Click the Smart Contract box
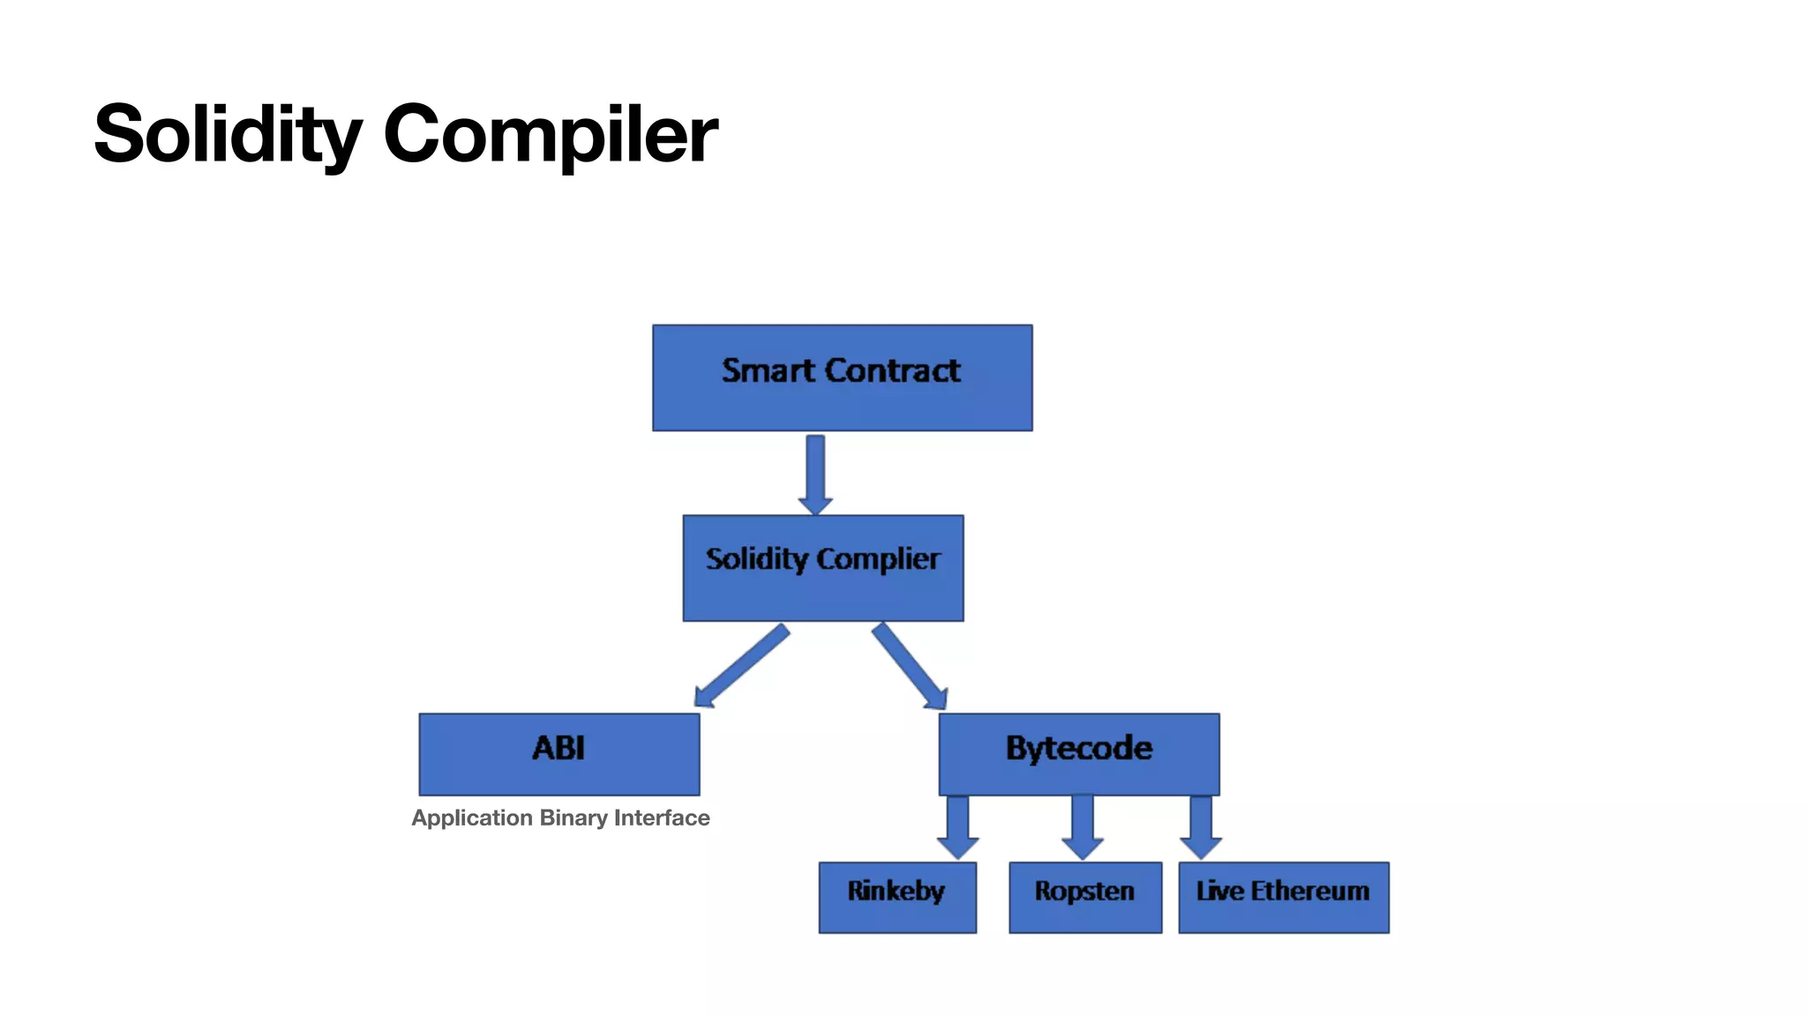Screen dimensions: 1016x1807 click(842, 377)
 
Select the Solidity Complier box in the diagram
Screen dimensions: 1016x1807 click(822, 568)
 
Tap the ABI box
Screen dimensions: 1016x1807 click(559, 754)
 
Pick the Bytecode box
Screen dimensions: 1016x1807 click(1078, 754)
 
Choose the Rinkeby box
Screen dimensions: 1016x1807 click(897, 897)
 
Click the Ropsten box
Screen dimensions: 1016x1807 click(1084, 897)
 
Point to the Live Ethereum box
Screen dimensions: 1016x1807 click(1283, 897)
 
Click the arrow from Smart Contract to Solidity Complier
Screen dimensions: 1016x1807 click(815, 474)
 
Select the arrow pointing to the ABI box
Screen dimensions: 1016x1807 click(740, 667)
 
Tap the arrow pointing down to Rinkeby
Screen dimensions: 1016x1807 click(957, 825)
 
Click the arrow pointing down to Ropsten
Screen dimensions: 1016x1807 click(1083, 825)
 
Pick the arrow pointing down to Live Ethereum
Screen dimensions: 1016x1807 click(1201, 825)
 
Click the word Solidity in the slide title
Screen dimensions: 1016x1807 click(228, 134)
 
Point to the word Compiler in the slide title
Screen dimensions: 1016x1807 click(550, 134)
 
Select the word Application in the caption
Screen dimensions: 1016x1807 click(472, 818)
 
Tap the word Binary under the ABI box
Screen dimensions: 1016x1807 click(573, 818)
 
